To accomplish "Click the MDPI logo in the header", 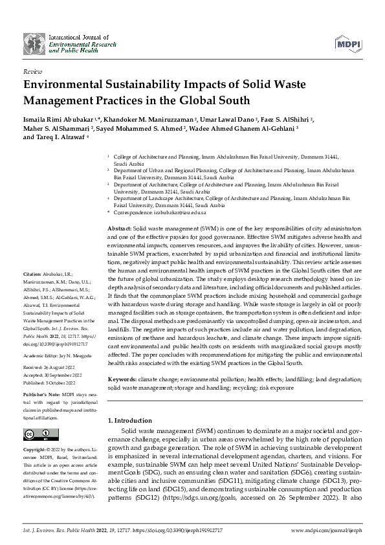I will tap(348, 43).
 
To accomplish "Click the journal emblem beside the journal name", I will tap(33, 43).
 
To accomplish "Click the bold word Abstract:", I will tap(118, 229).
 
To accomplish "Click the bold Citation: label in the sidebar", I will tap(32, 275).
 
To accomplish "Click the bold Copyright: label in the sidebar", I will tap(35, 449).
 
